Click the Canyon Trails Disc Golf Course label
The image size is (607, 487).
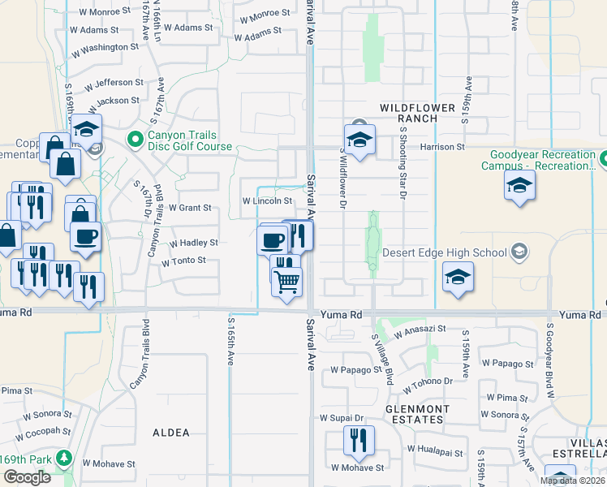[189, 140]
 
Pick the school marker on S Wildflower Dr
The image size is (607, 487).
[359, 139]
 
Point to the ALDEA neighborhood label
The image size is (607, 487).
[171, 433]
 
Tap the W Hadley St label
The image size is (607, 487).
[193, 243]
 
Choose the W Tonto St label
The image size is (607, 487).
[189, 261]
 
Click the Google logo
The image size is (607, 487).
[27, 477]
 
